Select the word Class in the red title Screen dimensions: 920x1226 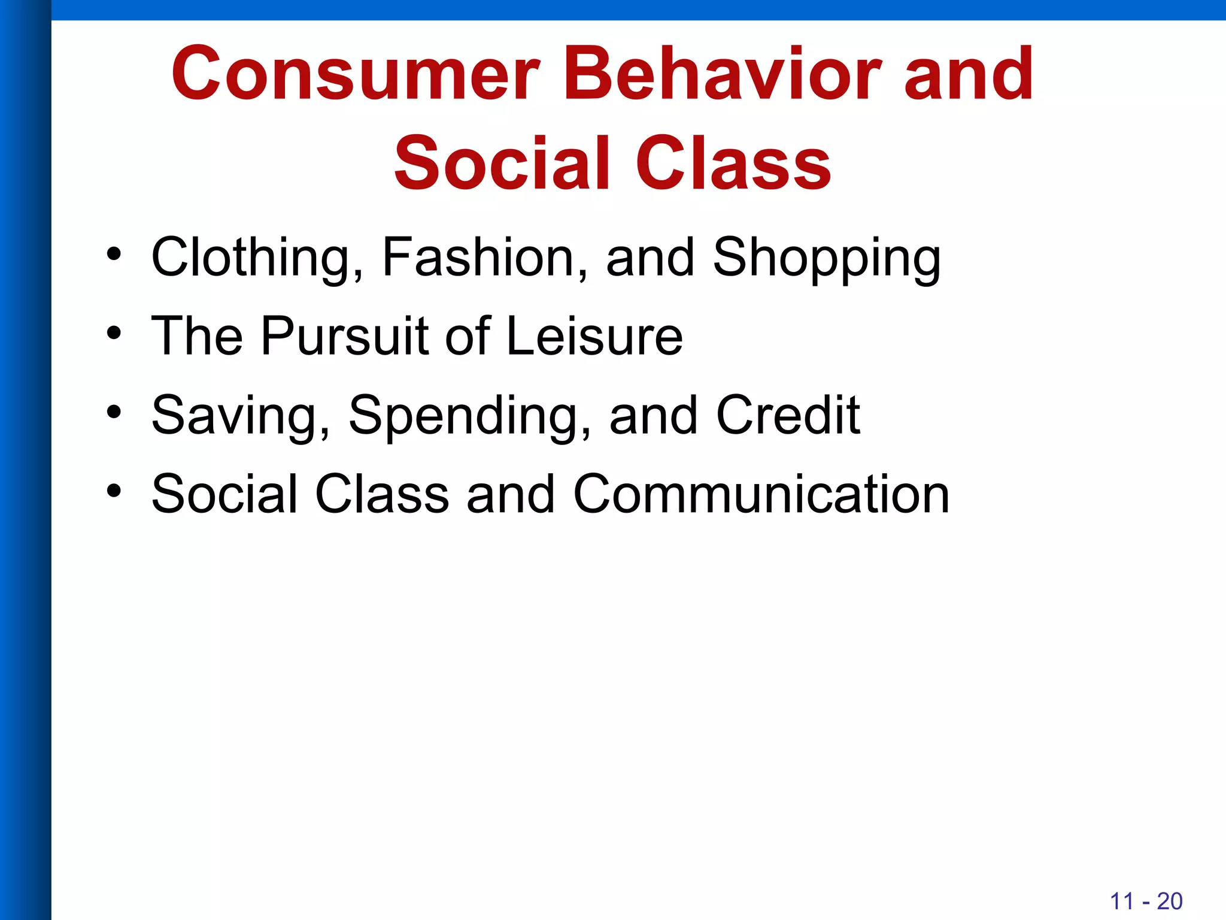coord(733,163)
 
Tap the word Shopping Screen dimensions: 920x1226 coord(827,258)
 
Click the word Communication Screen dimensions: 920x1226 coord(761,494)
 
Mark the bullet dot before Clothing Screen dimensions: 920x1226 coord(114,254)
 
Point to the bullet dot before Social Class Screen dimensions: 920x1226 coord(114,491)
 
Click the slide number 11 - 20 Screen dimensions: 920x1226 coord(1146,901)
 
